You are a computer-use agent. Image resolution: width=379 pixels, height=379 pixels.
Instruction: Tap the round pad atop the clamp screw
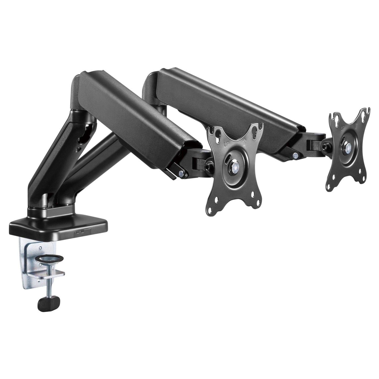50,259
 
